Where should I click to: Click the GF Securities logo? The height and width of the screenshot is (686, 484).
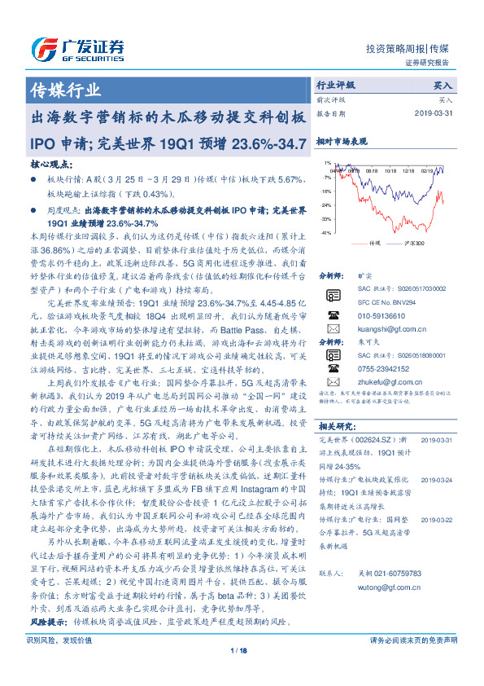[x=77, y=48]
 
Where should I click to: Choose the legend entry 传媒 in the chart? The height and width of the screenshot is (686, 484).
[x=373, y=243]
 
